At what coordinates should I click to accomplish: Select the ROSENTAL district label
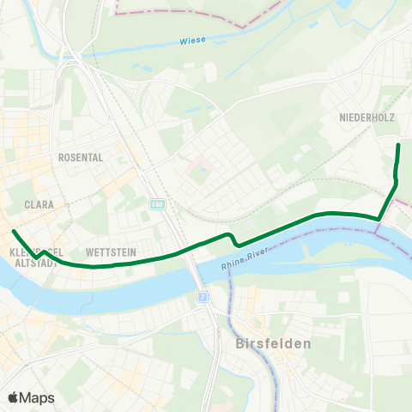(x=80, y=158)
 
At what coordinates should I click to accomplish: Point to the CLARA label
(x=40, y=205)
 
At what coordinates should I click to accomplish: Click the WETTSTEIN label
(x=106, y=253)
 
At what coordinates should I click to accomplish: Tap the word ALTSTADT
(x=34, y=263)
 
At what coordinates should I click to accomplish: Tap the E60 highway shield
(x=156, y=204)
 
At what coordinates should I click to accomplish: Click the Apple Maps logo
(x=31, y=397)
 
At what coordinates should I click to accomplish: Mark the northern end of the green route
(x=398, y=146)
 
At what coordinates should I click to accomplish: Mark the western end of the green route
(x=14, y=232)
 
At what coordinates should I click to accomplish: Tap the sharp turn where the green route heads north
(x=379, y=218)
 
